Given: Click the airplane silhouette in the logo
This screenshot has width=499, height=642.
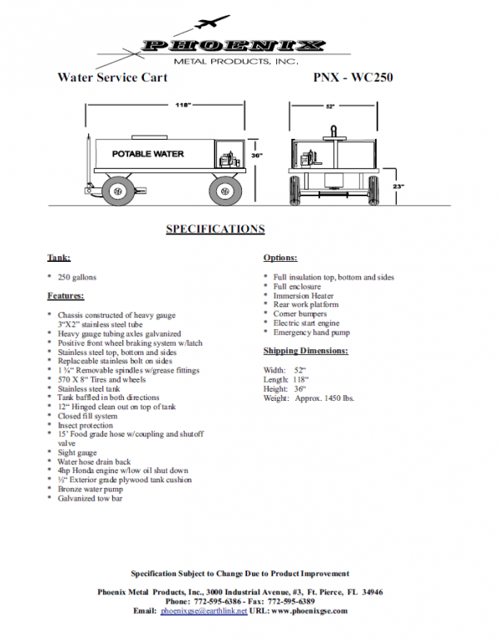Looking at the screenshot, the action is click(212, 22).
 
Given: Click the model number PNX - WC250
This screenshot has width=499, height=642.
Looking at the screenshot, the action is click(353, 77).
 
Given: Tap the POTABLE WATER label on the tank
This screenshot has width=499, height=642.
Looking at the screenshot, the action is click(148, 154).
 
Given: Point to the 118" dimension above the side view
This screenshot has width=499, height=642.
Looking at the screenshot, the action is click(183, 106).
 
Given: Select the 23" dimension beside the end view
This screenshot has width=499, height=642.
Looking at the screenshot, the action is click(398, 186).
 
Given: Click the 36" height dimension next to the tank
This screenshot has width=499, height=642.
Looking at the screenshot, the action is click(257, 156).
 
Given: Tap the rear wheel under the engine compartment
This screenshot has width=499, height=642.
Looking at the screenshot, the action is click(224, 190).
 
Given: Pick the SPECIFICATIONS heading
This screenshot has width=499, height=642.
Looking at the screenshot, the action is click(215, 229).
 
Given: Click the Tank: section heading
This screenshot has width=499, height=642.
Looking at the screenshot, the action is click(59, 258).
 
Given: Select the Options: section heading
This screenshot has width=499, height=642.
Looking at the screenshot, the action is click(280, 258).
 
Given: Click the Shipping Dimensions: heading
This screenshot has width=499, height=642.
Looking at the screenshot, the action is click(306, 351).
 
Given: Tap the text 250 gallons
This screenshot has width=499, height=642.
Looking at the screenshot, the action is click(77, 277).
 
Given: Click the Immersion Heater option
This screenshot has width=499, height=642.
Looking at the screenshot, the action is click(304, 295).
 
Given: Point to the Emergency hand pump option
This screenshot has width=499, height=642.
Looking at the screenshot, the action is click(312, 333).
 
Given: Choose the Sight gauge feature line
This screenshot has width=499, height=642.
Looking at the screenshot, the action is click(77, 453).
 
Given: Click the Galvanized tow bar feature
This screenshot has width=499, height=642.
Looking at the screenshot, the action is click(90, 498).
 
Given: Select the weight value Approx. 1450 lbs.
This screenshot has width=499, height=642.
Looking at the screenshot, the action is click(324, 398).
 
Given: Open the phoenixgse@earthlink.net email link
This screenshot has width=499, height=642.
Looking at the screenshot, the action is click(204, 611).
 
